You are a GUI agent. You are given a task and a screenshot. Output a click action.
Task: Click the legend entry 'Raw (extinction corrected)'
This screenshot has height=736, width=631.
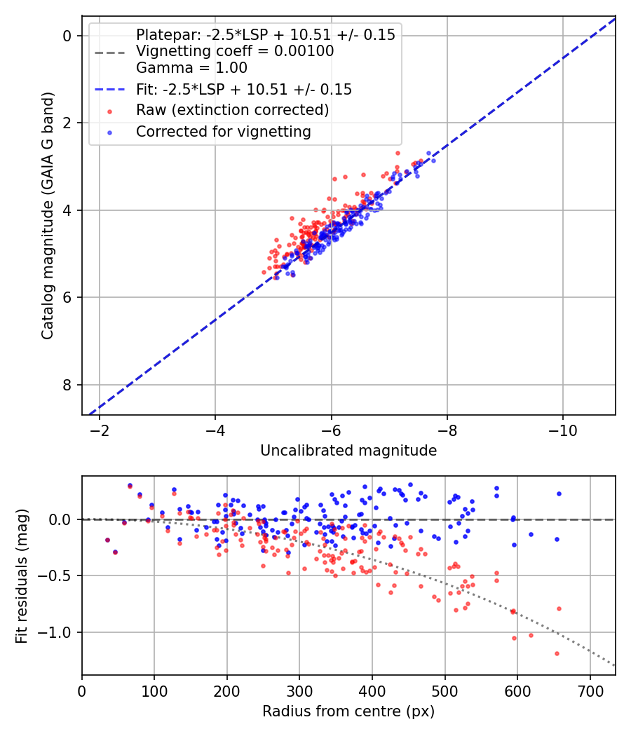coord(232,110)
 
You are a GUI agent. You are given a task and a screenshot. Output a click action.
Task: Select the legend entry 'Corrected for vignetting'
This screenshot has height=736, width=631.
coord(223,131)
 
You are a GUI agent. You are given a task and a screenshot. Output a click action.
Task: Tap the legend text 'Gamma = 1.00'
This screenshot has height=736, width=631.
coord(191,68)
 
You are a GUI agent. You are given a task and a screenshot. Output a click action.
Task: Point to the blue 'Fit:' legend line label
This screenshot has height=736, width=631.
coord(244,90)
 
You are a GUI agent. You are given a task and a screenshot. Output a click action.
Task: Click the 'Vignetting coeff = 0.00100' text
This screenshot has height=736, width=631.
coord(235,51)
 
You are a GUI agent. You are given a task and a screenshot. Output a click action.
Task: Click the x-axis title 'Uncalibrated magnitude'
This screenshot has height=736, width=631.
coord(348,451)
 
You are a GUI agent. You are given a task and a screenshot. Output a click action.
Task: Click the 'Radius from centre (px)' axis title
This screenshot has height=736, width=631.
coord(348,711)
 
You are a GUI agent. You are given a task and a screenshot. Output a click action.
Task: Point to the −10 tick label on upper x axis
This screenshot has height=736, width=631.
coord(563,428)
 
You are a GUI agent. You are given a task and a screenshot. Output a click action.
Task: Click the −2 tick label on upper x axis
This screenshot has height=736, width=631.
coord(100,428)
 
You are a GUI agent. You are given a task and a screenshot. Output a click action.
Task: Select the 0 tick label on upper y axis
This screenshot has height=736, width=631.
coord(69,36)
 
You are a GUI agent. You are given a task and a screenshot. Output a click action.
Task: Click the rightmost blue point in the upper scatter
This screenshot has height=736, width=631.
coord(433,161)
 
